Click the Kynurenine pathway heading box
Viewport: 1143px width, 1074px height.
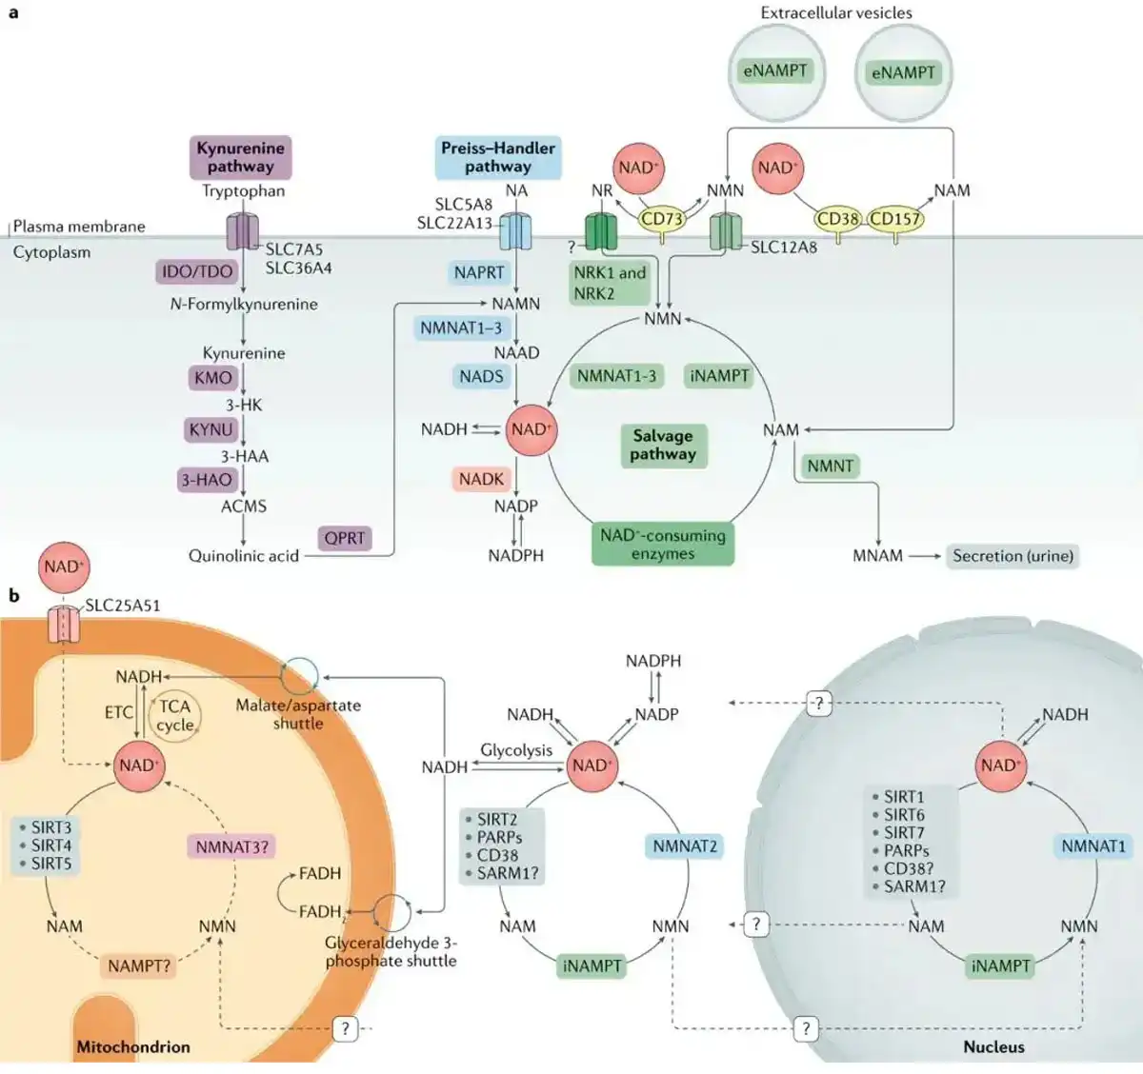(x=240, y=157)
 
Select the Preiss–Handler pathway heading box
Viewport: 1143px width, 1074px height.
(x=497, y=157)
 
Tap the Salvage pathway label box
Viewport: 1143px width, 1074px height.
(x=662, y=445)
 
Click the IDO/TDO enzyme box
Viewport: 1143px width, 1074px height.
(x=197, y=271)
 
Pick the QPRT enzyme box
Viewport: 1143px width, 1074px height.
(x=344, y=538)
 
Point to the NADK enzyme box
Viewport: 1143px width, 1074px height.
(x=481, y=479)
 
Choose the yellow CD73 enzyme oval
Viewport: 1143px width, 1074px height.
(x=661, y=219)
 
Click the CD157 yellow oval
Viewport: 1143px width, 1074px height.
(x=895, y=219)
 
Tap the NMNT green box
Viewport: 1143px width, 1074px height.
(x=830, y=466)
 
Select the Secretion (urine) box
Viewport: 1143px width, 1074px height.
(x=1013, y=556)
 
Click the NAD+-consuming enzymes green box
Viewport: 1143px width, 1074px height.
(x=662, y=544)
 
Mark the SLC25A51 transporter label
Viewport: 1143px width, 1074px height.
(x=123, y=605)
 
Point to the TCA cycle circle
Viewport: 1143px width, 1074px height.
(x=175, y=715)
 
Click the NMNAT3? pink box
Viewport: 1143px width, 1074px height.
(x=232, y=846)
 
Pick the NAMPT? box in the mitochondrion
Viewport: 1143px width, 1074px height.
(x=139, y=966)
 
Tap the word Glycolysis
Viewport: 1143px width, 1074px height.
(x=516, y=750)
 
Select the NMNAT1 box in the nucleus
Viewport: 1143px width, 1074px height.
(x=1093, y=845)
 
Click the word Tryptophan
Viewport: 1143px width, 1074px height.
(x=243, y=190)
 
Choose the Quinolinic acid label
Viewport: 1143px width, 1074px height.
(x=244, y=556)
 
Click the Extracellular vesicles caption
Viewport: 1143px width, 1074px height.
(x=835, y=12)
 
